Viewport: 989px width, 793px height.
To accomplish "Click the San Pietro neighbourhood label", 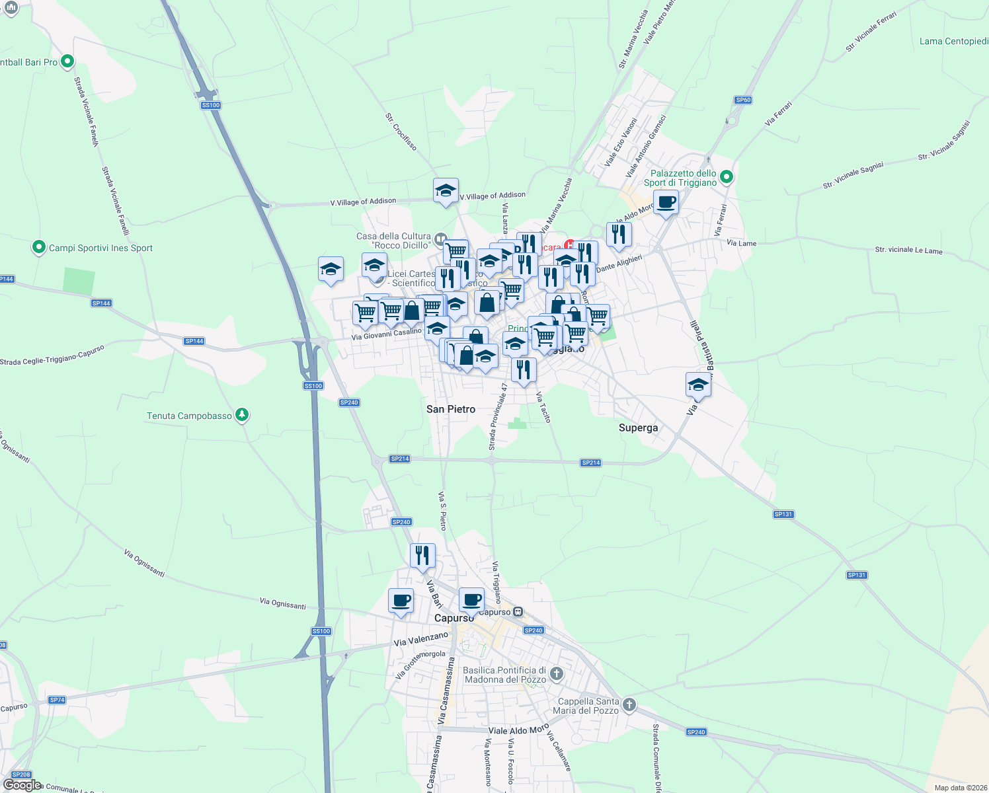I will pyautogui.click(x=451, y=409).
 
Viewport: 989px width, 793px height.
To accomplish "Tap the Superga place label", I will pyautogui.click(x=638, y=428).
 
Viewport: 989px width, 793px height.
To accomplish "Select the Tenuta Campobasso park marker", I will pyautogui.click(x=243, y=415).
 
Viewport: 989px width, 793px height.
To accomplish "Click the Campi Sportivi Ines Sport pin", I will pyautogui.click(x=39, y=248).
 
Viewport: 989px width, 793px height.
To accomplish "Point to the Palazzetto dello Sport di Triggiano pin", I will pyautogui.click(x=727, y=176).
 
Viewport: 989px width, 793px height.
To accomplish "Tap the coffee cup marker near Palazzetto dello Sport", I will pyautogui.click(x=666, y=202).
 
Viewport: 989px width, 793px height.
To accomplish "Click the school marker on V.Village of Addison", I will pyautogui.click(x=446, y=191).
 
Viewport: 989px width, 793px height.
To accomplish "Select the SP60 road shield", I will pyautogui.click(x=743, y=100).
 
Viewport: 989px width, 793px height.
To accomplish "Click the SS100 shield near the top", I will pyautogui.click(x=211, y=105).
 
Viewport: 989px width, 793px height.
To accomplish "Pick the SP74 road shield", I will pyautogui.click(x=57, y=700).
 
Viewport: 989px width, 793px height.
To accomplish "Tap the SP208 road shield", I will pyautogui.click(x=21, y=774).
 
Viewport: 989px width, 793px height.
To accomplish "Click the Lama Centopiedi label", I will pyautogui.click(x=953, y=41).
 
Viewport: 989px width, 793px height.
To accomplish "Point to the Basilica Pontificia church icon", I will pyautogui.click(x=557, y=673).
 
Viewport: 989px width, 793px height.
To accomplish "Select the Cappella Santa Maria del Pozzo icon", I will pyautogui.click(x=629, y=704).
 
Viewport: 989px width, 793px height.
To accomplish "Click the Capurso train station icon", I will pyautogui.click(x=518, y=612).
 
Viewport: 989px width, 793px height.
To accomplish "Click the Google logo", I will pyautogui.click(x=22, y=785).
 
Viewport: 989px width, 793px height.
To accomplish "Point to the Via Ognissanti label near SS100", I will pyautogui.click(x=282, y=603).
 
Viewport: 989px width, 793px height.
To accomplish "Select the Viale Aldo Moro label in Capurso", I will pyautogui.click(x=518, y=730).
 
